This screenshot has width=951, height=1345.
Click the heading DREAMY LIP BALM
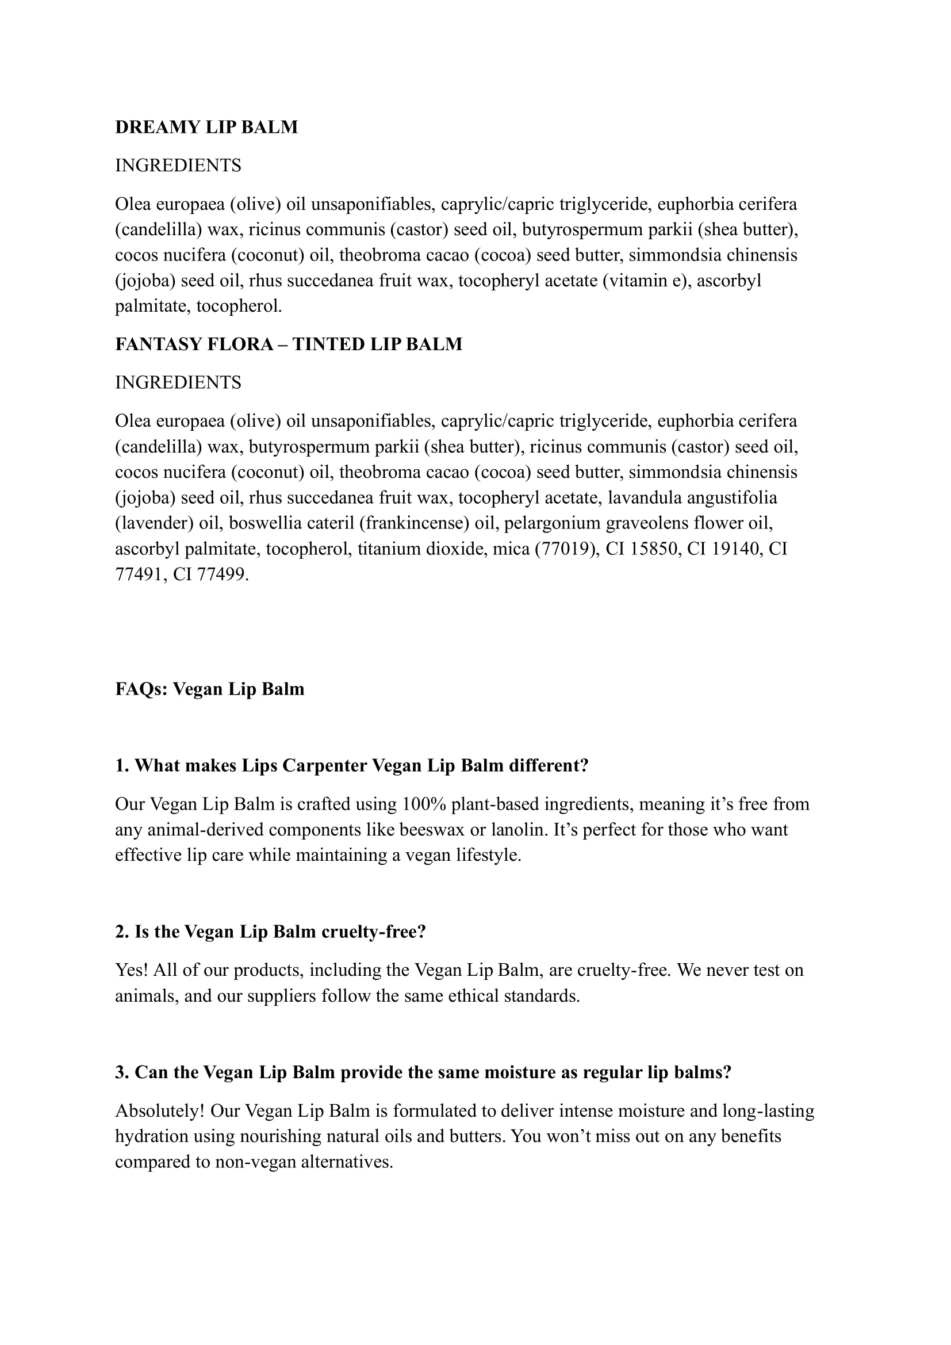point(206,127)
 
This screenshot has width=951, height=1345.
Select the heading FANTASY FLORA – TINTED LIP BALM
point(288,344)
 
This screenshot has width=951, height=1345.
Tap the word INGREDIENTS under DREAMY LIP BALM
point(178,166)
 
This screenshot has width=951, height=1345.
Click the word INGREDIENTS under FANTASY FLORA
point(178,382)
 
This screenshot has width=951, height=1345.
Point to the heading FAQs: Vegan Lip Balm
point(210,689)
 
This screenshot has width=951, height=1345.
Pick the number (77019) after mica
point(566,549)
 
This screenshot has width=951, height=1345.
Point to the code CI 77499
point(210,574)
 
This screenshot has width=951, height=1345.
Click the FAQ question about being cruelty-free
point(270,932)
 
